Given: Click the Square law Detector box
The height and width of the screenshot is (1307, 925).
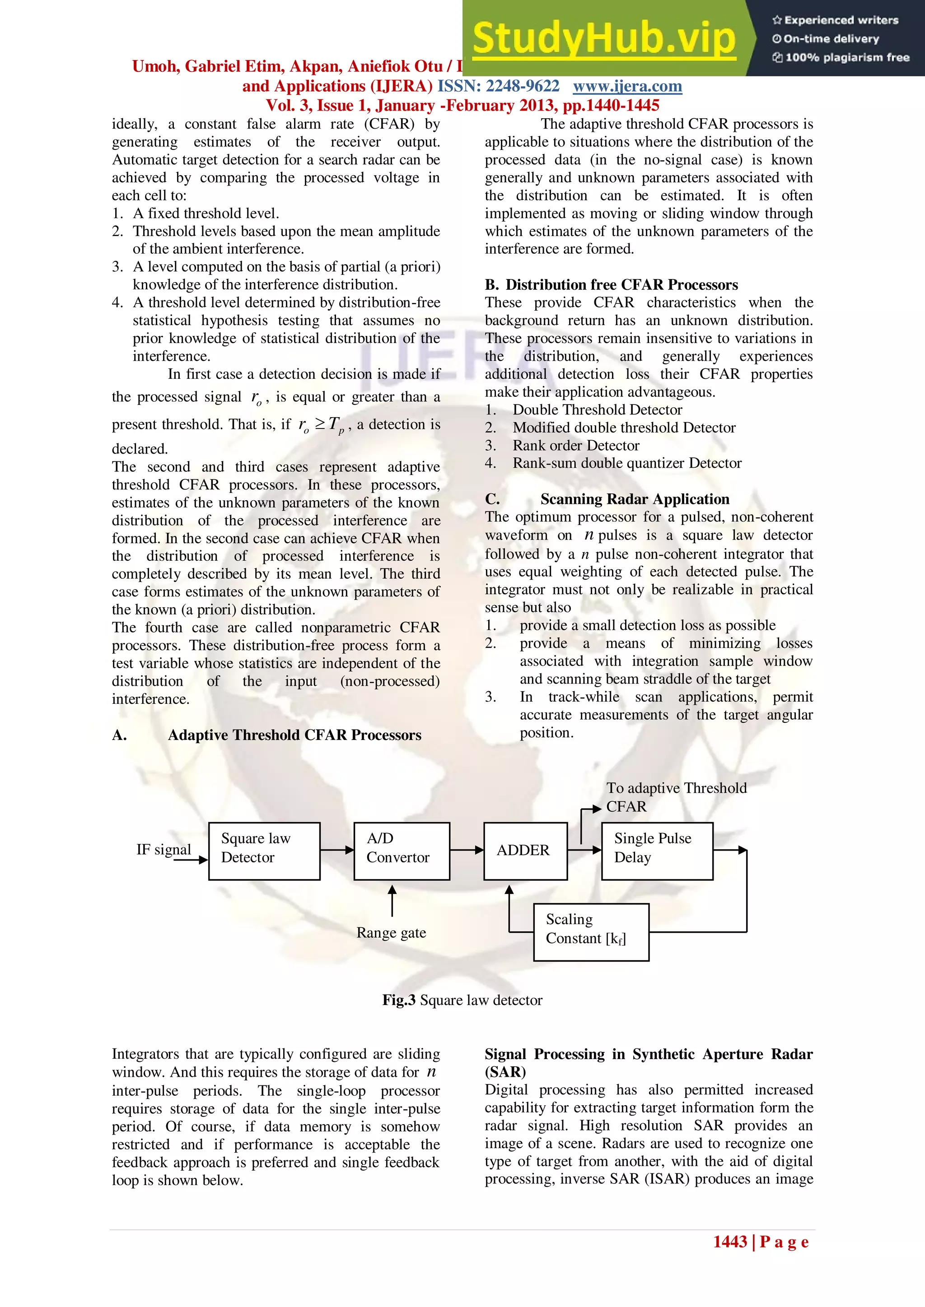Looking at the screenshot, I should pyautogui.click(x=264, y=851).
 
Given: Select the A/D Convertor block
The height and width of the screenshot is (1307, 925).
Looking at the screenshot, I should pyautogui.click(x=401, y=851).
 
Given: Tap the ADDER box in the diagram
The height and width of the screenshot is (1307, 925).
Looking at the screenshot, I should pyautogui.click(x=524, y=851).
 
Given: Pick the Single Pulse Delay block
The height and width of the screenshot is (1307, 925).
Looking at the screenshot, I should pyautogui.click(x=657, y=851).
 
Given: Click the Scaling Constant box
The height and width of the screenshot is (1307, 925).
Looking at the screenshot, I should pyautogui.click(x=591, y=932).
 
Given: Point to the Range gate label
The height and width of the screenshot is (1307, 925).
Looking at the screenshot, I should pyautogui.click(x=391, y=932).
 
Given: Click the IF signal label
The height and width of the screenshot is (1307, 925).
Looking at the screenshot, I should pyautogui.click(x=164, y=849).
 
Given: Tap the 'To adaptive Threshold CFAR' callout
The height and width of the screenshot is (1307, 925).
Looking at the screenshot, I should pyautogui.click(x=676, y=797).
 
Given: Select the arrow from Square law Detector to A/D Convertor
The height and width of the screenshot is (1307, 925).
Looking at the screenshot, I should pyautogui.click(x=336, y=850).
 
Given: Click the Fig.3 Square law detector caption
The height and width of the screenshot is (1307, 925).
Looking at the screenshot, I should pyautogui.click(x=462, y=1000).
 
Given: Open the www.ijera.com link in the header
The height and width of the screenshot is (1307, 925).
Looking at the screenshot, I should pyautogui.click(x=627, y=86).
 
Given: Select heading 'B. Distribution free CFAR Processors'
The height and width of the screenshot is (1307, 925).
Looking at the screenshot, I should pyautogui.click(x=611, y=284).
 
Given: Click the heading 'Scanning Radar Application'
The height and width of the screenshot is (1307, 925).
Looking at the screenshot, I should pyautogui.click(x=635, y=499).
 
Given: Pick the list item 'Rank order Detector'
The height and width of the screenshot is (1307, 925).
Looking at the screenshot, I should pyautogui.click(x=576, y=445).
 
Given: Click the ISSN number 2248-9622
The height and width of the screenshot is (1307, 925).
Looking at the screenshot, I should pyautogui.click(x=522, y=86).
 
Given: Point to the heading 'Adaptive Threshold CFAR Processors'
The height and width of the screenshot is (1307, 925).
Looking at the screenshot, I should pyautogui.click(x=294, y=735).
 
